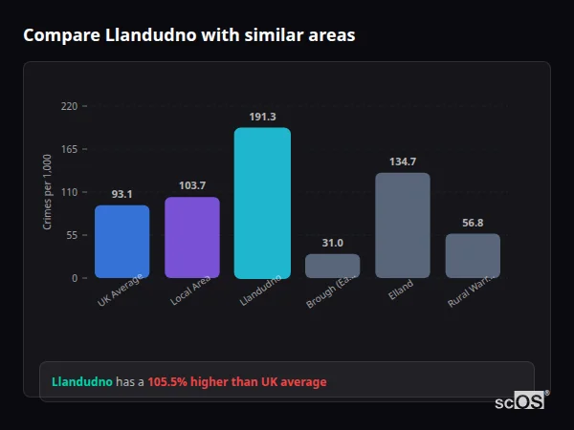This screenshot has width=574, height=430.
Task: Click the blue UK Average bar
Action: click(121, 242)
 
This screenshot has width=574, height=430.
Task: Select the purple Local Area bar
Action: click(191, 238)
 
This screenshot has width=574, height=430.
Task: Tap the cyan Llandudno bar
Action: click(262, 203)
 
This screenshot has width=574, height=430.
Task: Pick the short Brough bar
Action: click(332, 266)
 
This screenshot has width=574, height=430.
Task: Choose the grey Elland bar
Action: click(402, 226)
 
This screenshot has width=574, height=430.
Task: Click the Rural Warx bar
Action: click(473, 256)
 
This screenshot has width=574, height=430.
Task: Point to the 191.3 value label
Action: click(262, 117)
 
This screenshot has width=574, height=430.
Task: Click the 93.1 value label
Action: click(121, 194)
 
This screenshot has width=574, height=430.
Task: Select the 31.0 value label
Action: click(332, 243)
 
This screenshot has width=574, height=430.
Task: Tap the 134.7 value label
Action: click(402, 161)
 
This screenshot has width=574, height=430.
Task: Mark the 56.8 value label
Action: click(473, 223)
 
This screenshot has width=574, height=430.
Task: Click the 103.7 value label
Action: click(191, 185)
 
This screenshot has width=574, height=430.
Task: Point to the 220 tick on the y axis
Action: click(69, 106)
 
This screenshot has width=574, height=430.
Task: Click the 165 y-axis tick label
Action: click(69, 149)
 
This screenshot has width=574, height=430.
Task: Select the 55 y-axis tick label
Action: click(72, 235)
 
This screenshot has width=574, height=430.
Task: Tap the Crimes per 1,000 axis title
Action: click(48, 192)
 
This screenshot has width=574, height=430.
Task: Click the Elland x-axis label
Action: click(401, 288)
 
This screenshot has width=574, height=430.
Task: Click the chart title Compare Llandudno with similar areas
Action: click(188, 35)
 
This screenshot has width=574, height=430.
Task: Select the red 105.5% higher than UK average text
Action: click(236, 382)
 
